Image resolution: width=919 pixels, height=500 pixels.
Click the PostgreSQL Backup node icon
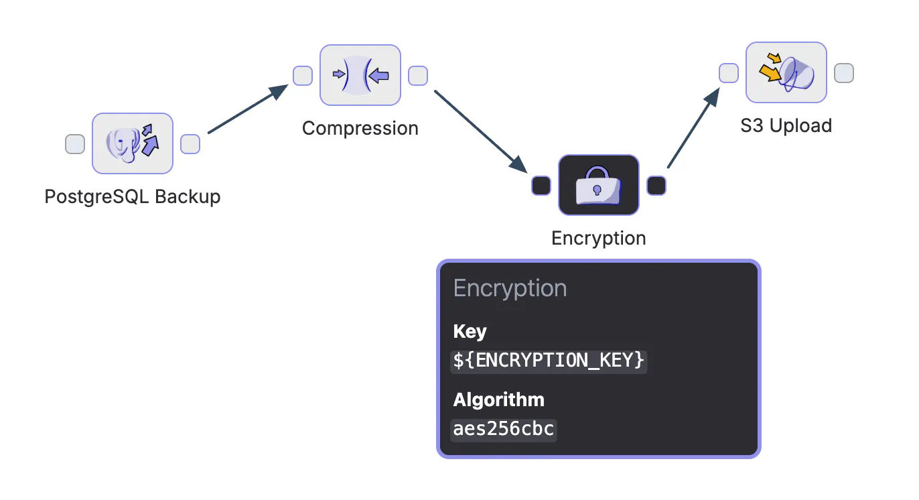point(133,143)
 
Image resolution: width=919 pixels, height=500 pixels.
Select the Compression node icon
point(360,75)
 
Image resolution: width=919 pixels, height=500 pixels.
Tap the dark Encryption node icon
point(599,185)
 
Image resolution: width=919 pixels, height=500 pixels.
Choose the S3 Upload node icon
point(786,72)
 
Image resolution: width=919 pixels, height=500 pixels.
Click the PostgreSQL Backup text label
point(133,196)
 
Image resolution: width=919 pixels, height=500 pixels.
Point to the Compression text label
point(360,129)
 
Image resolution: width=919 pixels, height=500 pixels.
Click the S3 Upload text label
point(786,125)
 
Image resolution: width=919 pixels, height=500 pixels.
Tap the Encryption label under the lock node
point(599,239)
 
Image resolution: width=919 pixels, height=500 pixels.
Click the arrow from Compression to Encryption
point(481,132)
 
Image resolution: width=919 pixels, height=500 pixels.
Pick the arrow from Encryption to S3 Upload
point(693,128)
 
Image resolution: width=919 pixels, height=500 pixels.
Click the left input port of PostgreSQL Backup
point(75,144)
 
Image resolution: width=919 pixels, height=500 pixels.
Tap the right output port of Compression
point(418,76)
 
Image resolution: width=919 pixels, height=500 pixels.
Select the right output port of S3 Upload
point(844,73)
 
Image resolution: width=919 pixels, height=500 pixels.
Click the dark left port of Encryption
point(541,186)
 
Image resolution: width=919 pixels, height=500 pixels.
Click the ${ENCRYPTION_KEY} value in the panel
point(549,361)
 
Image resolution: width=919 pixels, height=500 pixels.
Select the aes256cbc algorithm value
point(504,430)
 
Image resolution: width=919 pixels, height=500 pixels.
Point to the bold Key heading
point(470,332)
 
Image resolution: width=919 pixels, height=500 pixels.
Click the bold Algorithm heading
point(498,400)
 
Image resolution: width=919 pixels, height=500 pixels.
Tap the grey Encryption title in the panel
point(510,288)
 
